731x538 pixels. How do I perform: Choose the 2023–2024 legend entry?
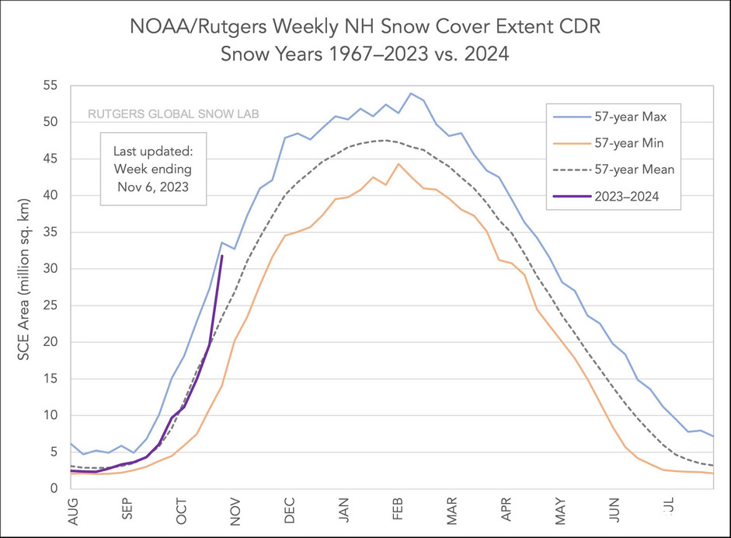click(620, 196)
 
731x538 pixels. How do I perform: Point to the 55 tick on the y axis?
click(50, 86)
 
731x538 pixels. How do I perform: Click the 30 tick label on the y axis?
click(50, 269)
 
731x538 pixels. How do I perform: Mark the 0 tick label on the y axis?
click(54, 489)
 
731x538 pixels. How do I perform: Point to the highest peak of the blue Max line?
click(410, 93)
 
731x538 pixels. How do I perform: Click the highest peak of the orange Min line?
click(399, 164)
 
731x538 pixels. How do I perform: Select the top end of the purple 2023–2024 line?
click(222, 256)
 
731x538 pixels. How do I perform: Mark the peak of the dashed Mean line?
click(385, 140)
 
